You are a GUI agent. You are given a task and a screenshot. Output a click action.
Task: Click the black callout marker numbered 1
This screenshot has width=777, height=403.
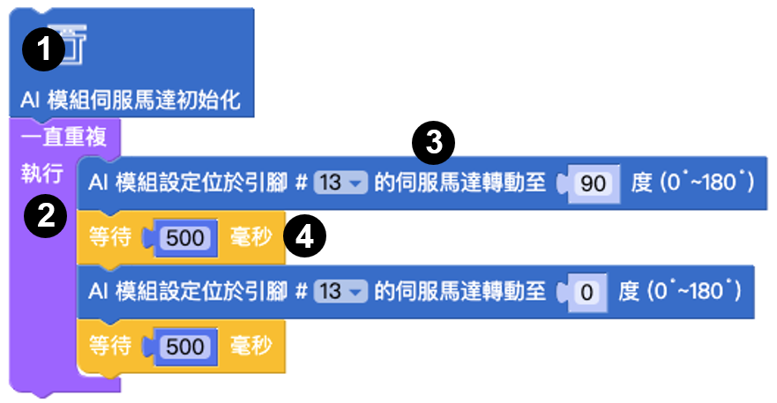[x=43, y=49]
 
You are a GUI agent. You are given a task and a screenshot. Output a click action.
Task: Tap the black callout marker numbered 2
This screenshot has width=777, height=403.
[x=46, y=216]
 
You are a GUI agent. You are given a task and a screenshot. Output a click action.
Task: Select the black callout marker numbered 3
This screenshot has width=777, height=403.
[x=434, y=143]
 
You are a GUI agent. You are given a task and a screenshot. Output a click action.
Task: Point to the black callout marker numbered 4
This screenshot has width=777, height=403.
[x=305, y=236]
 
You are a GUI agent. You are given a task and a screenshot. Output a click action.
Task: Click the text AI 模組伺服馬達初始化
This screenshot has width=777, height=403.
[x=131, y=101]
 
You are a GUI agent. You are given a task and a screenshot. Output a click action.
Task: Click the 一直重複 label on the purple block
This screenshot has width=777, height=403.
[x=64, y=137]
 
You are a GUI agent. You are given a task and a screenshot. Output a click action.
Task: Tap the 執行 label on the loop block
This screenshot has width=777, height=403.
[x=42, y=174]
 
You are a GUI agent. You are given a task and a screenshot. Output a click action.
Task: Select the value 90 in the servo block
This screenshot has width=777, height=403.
[x=594, y=184]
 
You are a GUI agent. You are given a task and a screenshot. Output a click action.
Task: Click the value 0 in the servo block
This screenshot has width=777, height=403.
[x=586, y=293]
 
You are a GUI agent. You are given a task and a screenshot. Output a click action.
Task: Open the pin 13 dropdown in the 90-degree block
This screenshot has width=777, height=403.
[x=340, y=183]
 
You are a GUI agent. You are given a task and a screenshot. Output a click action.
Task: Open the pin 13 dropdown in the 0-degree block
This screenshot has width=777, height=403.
[x=340, y=291]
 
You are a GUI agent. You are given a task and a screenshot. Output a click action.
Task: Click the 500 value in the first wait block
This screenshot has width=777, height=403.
[x=185, y=238]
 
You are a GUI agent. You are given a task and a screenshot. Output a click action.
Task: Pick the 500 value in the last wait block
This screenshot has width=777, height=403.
[x=185, y=347]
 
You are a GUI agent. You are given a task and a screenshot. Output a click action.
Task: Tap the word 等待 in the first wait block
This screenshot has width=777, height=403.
[x=110, y=237]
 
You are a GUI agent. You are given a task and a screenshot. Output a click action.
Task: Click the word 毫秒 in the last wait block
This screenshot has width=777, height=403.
[x=251, y=346]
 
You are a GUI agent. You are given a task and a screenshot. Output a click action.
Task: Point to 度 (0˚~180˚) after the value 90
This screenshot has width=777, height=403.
[x=692, y=183]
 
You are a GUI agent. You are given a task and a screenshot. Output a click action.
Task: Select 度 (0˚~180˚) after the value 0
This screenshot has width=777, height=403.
[x=680, y=291]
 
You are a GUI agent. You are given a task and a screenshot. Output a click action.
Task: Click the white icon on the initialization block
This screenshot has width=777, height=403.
[x=68, y=45]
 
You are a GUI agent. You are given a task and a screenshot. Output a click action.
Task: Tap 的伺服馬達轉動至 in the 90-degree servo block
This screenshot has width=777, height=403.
[x=459, y=183]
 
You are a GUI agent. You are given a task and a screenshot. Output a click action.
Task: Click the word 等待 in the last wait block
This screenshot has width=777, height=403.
[x=110, y=346]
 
